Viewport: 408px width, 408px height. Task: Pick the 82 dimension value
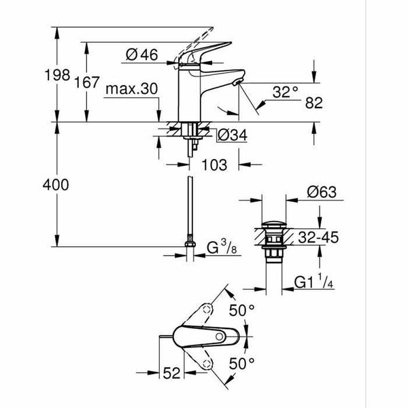(x=314, y=103)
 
